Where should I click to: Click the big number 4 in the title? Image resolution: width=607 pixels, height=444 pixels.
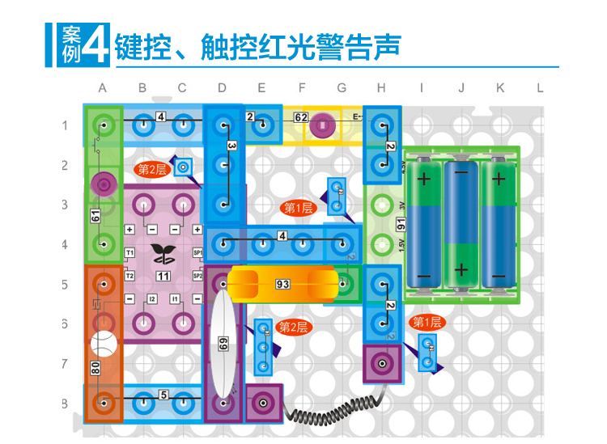(96, 44)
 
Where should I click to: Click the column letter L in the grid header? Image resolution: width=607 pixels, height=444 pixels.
(540, 87)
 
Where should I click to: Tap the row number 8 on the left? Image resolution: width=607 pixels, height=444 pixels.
(66, 402)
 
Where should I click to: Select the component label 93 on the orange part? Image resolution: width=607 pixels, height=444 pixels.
(282, 284)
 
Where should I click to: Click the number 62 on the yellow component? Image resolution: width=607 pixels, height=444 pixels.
(301, 117)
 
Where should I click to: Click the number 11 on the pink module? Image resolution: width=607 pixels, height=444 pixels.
(163, 276)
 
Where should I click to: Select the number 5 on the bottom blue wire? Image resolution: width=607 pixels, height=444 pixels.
(163, 395)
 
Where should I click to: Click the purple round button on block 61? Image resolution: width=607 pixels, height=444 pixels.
(103, 184)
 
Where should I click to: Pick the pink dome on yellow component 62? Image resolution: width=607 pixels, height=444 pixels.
(322, 125)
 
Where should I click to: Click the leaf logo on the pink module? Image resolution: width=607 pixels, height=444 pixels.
(163, 254)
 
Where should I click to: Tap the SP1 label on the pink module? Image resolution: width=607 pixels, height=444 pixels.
(197, 253)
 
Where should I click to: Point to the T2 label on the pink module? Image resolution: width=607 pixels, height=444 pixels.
(129, 276)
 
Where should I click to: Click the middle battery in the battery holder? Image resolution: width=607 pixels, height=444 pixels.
(461, 224)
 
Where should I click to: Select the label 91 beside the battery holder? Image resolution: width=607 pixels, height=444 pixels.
(400, 223)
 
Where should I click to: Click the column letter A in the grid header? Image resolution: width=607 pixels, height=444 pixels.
(103, 87)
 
